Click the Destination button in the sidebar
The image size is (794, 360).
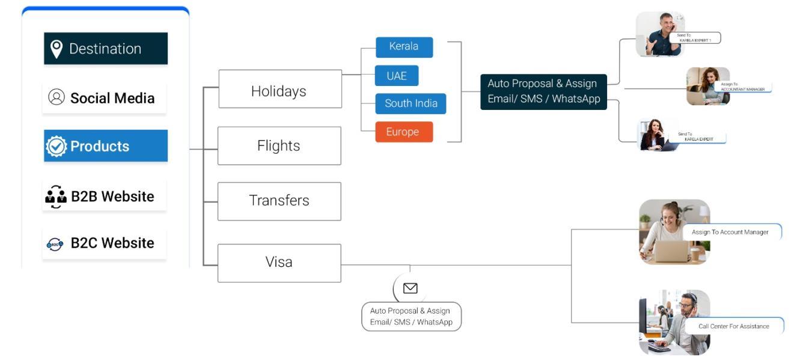[x=106, y=49]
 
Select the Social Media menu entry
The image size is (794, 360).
[x=105, y=98]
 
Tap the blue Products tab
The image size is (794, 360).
[x=106, y=146]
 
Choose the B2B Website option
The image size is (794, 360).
[x=105, y=197]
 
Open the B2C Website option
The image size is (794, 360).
[x=105, y=243]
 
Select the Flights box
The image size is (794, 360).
[x=279, y=145]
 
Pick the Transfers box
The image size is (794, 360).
[x=279, y=201]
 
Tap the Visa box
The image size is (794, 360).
[x=279, y=263]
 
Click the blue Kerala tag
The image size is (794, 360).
[x=404, y=47]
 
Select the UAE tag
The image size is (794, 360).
[x=397, y=76]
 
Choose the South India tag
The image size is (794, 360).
[x=411, y=103]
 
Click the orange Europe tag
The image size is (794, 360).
[x=404, y=132]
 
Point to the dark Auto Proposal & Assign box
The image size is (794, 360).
[x=543, y=91]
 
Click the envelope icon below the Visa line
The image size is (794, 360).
[x=411, y=288]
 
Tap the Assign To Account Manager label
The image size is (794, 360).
[x=730, y=232]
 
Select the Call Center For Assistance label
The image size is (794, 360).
[x=733, y=326]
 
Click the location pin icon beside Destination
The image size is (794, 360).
[x=56, y=49]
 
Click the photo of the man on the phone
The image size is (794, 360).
[x=660, y=34]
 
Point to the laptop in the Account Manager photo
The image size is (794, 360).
[x=671, y=251]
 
